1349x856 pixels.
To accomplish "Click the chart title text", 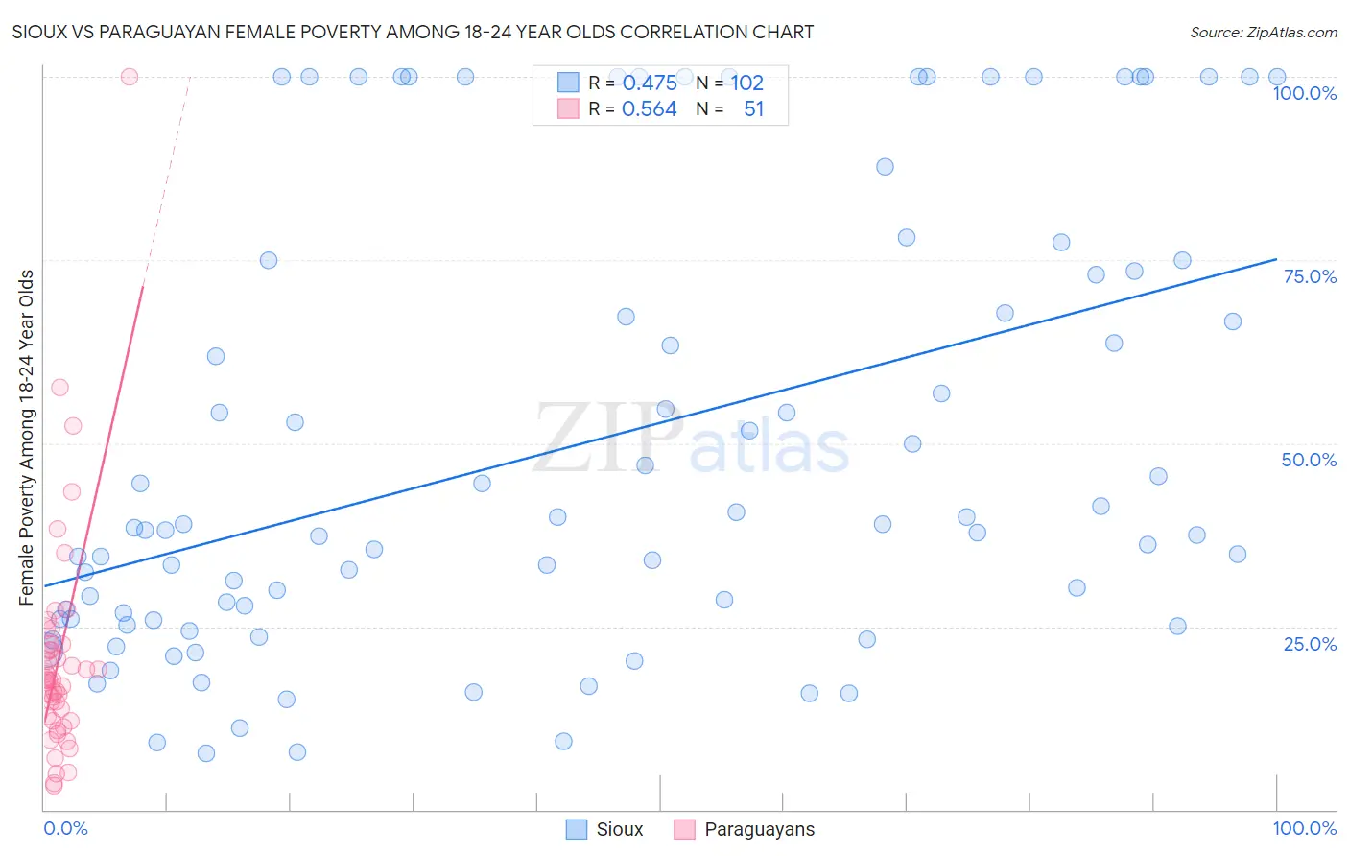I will pyautogui.click(x=413, y=32).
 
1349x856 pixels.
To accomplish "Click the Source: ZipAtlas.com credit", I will pyautogui.click(x=1263, y=32).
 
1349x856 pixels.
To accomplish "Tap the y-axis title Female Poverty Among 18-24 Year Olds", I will pyautogui.click(x=27, y=437).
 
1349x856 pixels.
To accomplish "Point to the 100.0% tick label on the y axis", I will pyautogui.click(x=1304, y=93).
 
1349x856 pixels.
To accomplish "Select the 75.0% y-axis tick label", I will pyautogui.click(x=1309, y=276).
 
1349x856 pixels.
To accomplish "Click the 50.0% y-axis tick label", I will pyautogui.click(x=1309, y=460).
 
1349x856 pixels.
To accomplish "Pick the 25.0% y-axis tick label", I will pyautogui.click(x=1309, y=644).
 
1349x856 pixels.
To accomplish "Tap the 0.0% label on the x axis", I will pyautogui.click(x=65, y=828).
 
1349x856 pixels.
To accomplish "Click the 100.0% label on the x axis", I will pyautogui.click(x=1304, y=828).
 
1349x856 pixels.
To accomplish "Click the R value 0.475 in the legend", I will pyautogui.click(x=650, y=83).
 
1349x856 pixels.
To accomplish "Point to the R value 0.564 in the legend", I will pyautogui.click(x=650, y=109).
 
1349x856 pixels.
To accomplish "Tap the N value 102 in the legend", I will pyautogui.click(x=747, y=83).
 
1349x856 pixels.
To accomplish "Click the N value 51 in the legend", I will pyautogui.click(x=753, y=109).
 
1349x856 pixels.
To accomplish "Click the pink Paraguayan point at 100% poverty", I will pyautogui.click(x=130, y=77).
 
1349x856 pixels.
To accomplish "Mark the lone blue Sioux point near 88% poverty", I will pyautogui.click(x=885, y=167).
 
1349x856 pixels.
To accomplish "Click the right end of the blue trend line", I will pyautogui.click(x=1275, y=259).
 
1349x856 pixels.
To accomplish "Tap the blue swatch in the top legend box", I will pyautogui.click(x=568, y=83).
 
